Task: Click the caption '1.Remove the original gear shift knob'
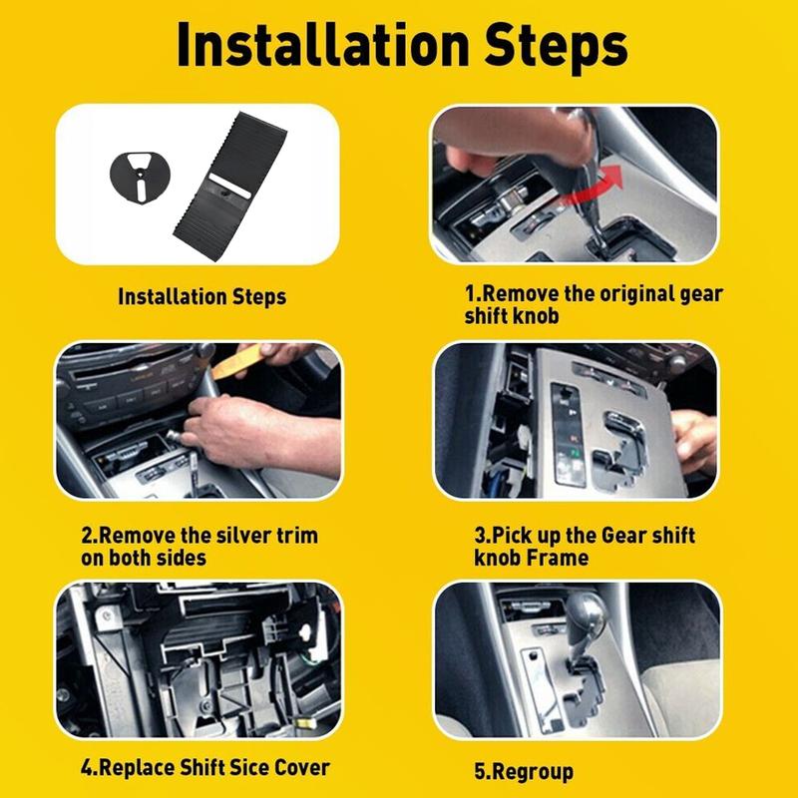click(x=594, y=305)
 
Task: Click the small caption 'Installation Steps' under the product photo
click(x=201, y=296)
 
